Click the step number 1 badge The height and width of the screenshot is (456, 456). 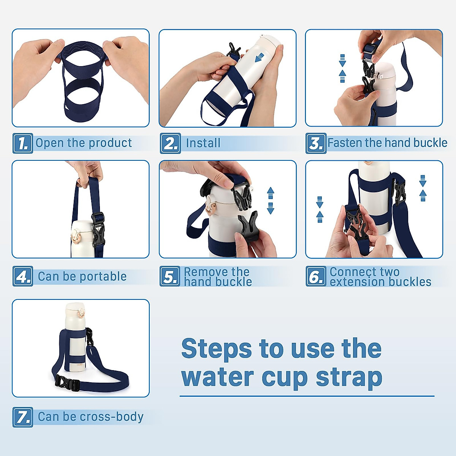click(x=23, y=143)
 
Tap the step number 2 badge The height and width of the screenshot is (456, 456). click(x=170, y=143)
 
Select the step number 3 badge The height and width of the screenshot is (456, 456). click(x=316, y=143)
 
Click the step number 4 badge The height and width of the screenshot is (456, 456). click(x=23, y=276)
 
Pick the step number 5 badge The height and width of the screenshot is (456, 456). click(x=169, y=276)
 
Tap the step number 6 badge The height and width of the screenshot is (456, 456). click(x=316, y=276)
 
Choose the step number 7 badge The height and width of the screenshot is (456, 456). click(x=23, y=417)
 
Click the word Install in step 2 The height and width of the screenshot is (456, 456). click(x=203, y=143)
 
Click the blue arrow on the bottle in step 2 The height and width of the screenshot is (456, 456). click(x=260, y=58)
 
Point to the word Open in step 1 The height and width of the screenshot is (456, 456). click(x=49, y=143)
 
